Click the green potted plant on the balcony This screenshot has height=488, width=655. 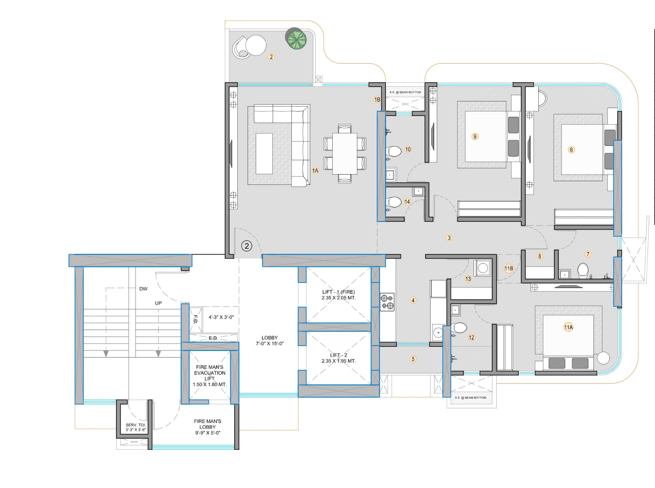296,39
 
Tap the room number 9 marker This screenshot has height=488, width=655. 475,137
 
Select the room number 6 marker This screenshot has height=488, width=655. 571,150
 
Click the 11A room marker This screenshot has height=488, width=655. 568,327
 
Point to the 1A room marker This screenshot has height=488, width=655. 315,171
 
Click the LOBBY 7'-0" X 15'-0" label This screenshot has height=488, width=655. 270,341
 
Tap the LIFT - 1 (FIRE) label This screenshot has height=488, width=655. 339,292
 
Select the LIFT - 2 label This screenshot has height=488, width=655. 339,355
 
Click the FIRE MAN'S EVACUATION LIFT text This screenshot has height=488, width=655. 210,373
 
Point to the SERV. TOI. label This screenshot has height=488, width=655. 136,425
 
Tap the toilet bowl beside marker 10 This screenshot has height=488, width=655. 394,151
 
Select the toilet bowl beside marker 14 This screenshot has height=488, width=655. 394,202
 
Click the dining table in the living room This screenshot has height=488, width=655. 344,154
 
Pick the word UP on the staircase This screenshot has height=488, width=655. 158,303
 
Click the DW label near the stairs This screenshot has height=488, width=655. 144,289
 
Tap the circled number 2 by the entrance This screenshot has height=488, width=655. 247,246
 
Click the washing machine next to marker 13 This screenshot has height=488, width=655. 483,268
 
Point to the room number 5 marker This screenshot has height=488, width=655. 413,359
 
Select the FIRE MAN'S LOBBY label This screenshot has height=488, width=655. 208,427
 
